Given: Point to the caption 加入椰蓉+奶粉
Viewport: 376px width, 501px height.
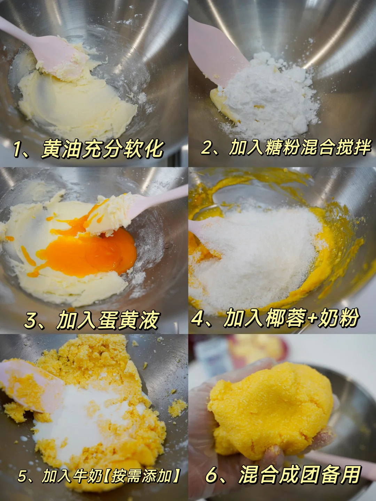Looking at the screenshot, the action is tap(291, 317).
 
